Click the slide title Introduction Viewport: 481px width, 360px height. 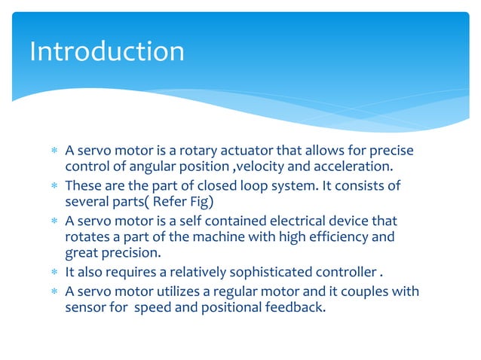[x=106, y=51]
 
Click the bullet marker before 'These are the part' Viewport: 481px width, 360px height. [x=54, y=186]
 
